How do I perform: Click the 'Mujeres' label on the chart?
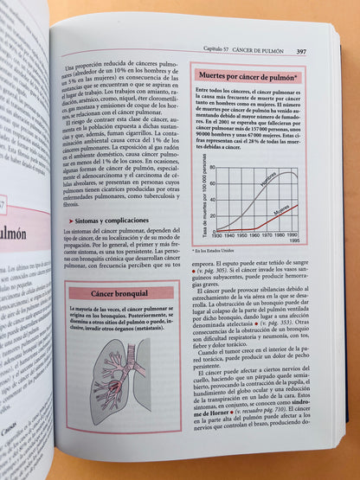(x=280, y=210)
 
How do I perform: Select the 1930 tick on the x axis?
(x=218, y=235)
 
